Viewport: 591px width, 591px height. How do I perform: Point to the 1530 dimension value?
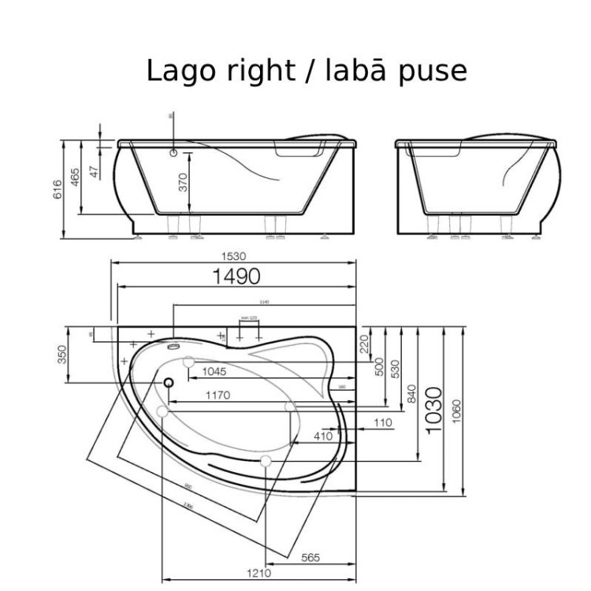pos(234,256)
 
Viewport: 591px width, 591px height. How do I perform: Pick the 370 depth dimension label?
pos(183,183)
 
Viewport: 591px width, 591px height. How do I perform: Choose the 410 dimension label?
pos(323,436)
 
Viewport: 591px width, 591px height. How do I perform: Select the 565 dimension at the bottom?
pos(310,558)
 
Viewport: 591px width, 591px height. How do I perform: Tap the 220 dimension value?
pos(364,344)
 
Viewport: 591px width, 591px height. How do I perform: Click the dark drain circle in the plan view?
pos(169,382)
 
